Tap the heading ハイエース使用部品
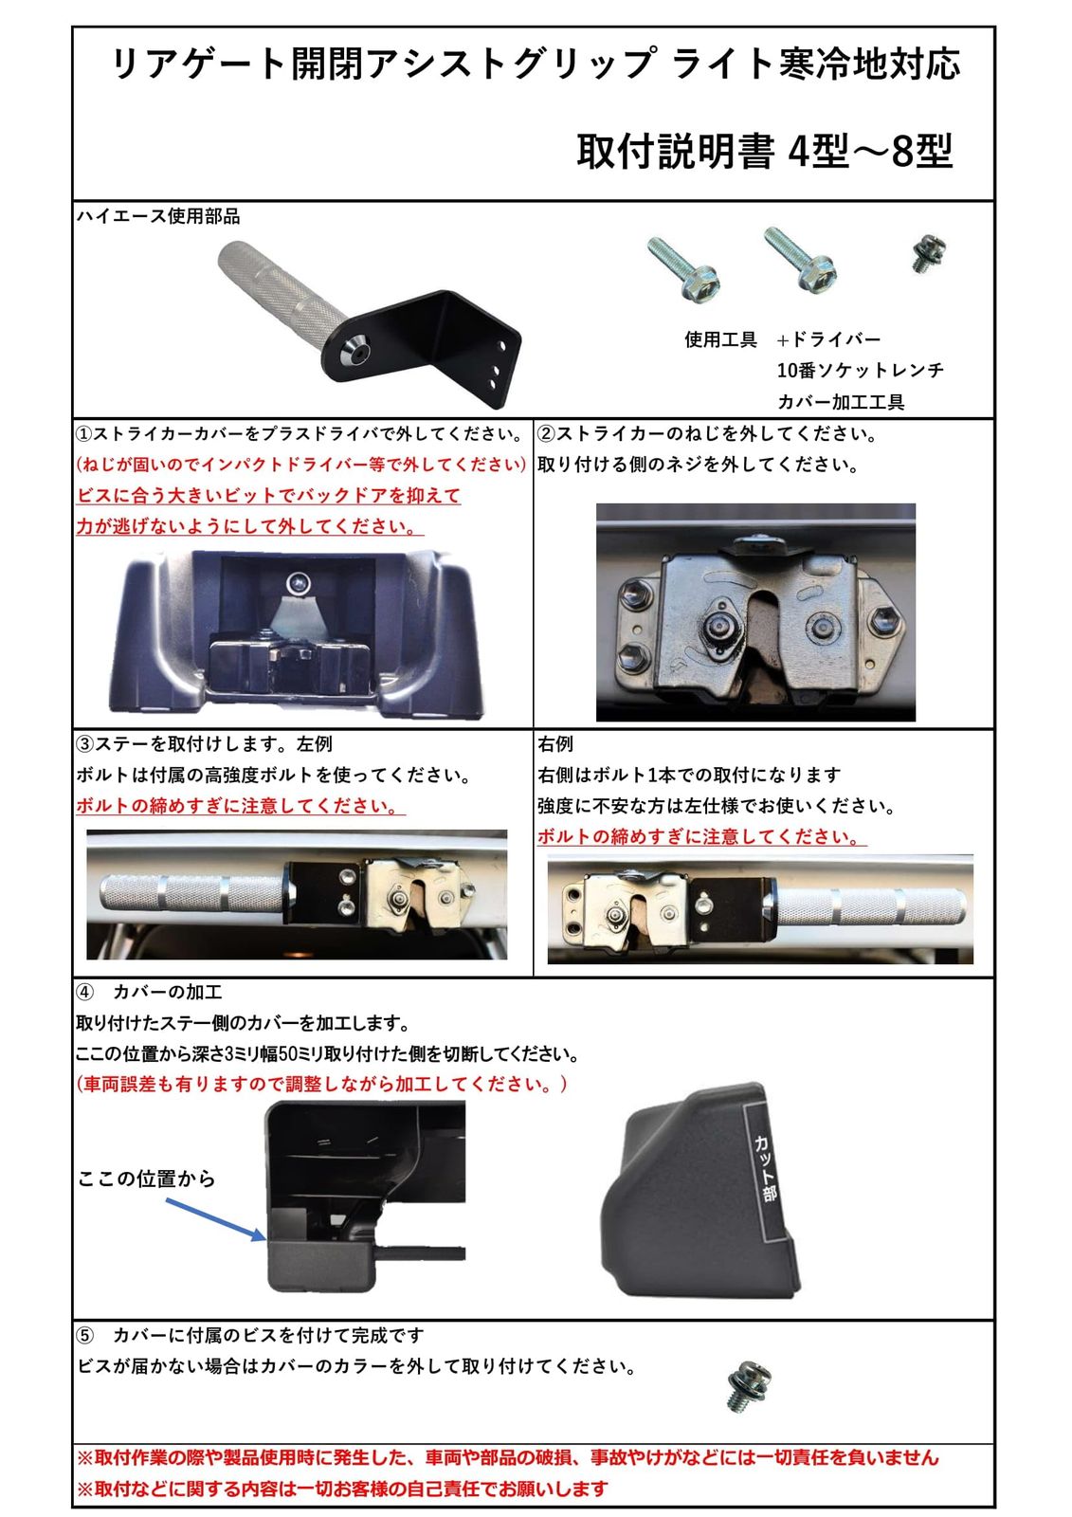point(158,216)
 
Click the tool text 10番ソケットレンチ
point(860,370)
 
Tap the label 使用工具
point(720,339)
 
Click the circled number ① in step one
point(84,433)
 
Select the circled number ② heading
point(546,433)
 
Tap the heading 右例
point(555,744)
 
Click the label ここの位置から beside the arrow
point(146,1179)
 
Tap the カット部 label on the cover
point(764,1167)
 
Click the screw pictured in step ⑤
point(749,1387)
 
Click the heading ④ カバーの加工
point(149,992)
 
